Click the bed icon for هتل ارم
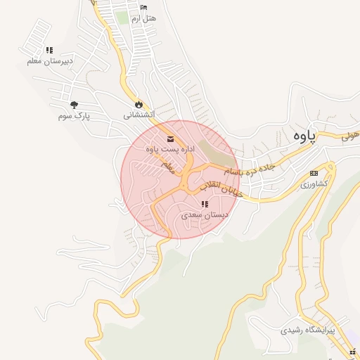coord(143,8)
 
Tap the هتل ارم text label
coord(143,18)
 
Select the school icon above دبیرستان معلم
coord(49,51)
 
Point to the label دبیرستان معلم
coord(49,61)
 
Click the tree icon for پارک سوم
coord(74,105)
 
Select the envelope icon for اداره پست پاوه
coord(170,139)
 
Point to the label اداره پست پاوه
coord(169,149)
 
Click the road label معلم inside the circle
coord(167,167)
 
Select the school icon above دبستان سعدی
coord(205,205)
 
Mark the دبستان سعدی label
coord(202,215)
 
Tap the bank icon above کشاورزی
coord(314,173)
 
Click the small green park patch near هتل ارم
coord(123,18)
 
